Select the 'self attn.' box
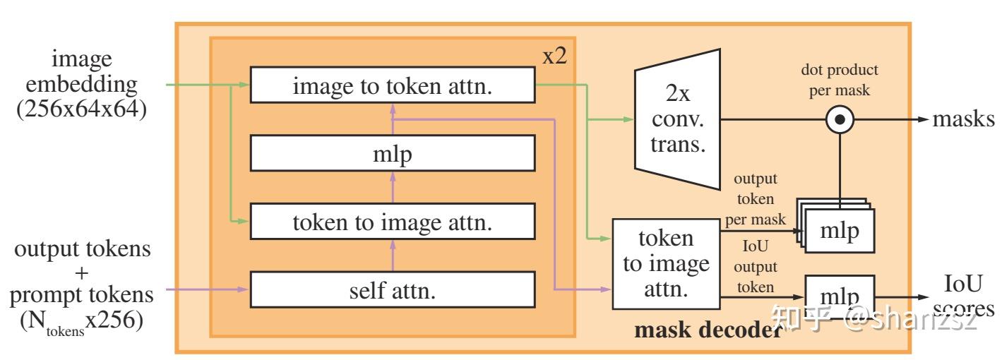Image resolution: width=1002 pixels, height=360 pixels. pos(393,290)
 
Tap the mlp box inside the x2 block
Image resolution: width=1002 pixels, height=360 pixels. pos(393,153)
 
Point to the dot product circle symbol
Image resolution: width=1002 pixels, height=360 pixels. pos(839,120)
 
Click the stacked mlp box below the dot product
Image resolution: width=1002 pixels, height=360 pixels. pos(840,231)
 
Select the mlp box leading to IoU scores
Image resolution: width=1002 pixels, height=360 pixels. pos(840,294)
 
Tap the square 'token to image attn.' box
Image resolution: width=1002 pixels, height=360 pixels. pos(665,263)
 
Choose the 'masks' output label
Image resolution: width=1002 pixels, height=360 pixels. pos(962,119)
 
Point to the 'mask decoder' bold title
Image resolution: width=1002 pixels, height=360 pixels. pos(706,330)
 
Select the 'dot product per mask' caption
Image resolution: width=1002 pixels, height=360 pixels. pos(839,80)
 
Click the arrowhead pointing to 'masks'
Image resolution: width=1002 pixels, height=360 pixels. pos(921,120)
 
